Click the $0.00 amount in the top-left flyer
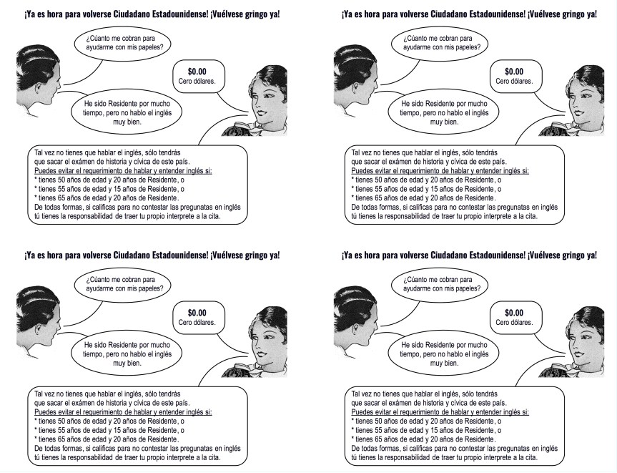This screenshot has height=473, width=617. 196,71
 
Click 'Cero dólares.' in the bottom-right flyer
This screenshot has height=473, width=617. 513,322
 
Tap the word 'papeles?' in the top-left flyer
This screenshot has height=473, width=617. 149,46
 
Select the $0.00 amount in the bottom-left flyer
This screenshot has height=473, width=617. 196,312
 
